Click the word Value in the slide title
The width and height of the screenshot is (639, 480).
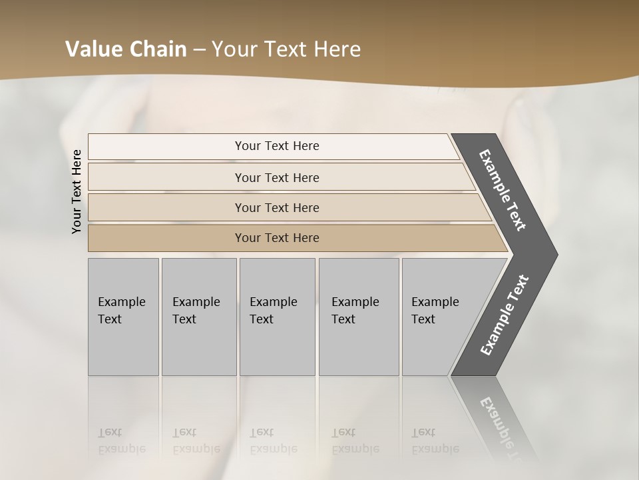(93, 49)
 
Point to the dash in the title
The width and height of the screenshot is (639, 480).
(199, 50)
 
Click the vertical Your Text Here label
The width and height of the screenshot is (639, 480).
(77, 192)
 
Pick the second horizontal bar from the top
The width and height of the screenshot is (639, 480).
(277, 177)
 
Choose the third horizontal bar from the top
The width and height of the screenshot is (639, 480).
(277, 207)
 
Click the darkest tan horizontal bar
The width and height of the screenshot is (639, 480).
(277, 238)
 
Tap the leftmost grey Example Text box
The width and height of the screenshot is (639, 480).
(123, 317)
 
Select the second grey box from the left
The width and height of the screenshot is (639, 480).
(198, 317)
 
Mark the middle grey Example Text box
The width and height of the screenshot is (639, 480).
(277, 317)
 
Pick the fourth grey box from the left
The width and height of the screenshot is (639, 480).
(359, 317)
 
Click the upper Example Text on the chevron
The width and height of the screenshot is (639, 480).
(503, 190)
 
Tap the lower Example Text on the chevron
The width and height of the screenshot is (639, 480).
(505, 315)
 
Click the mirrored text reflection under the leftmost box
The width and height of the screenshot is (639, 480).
(122, 441)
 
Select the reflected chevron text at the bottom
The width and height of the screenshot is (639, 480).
(503, 423)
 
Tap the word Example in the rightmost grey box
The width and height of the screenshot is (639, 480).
(435, 302)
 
